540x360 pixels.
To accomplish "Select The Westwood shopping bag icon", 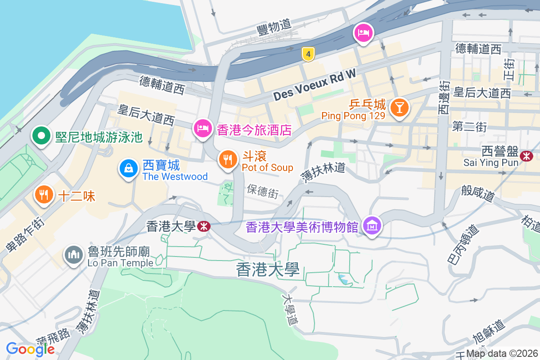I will point(129,169).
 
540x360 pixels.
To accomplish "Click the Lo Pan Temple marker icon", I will point(73,255).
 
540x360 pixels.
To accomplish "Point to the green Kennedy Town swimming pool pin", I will point(41,135).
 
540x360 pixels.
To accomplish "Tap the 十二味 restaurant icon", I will point(43,195).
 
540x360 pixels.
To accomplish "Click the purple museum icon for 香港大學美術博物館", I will point(372,225).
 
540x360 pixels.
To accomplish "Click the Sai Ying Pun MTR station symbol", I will point(526,156).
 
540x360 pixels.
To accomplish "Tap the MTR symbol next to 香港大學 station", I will point(203,226).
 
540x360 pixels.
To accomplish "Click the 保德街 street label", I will point(263,191).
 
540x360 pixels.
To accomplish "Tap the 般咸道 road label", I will point(478,193).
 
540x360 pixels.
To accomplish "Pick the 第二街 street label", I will point(470,126).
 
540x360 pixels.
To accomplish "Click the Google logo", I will point(31,349).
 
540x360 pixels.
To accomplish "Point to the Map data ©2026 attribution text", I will point(502,353).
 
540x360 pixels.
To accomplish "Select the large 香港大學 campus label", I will point(268,270).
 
